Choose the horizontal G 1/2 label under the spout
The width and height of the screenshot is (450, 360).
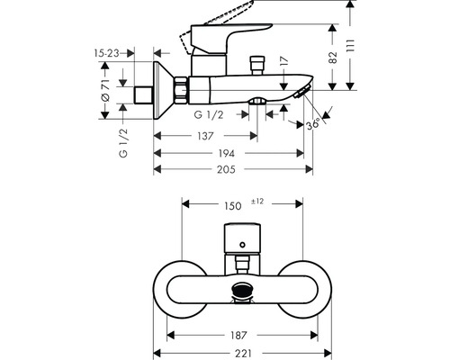pos(210,115)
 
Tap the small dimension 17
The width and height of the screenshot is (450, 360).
pos(283,64)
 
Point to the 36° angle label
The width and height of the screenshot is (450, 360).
pos(311,125)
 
